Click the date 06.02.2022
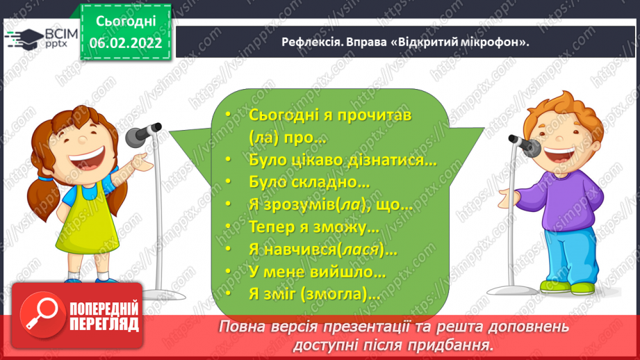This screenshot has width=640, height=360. [x=126, y=43]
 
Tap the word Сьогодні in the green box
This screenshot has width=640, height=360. [x=126, y=22]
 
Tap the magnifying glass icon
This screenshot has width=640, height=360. [x=42, y=314]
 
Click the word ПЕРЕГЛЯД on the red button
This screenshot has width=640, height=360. [x=104, y=325]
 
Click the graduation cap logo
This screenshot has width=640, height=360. [x=24, y=39]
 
